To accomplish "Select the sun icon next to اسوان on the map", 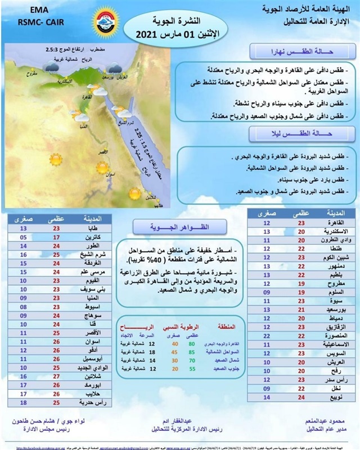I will (102, 168).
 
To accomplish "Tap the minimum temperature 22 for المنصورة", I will (267, 335).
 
